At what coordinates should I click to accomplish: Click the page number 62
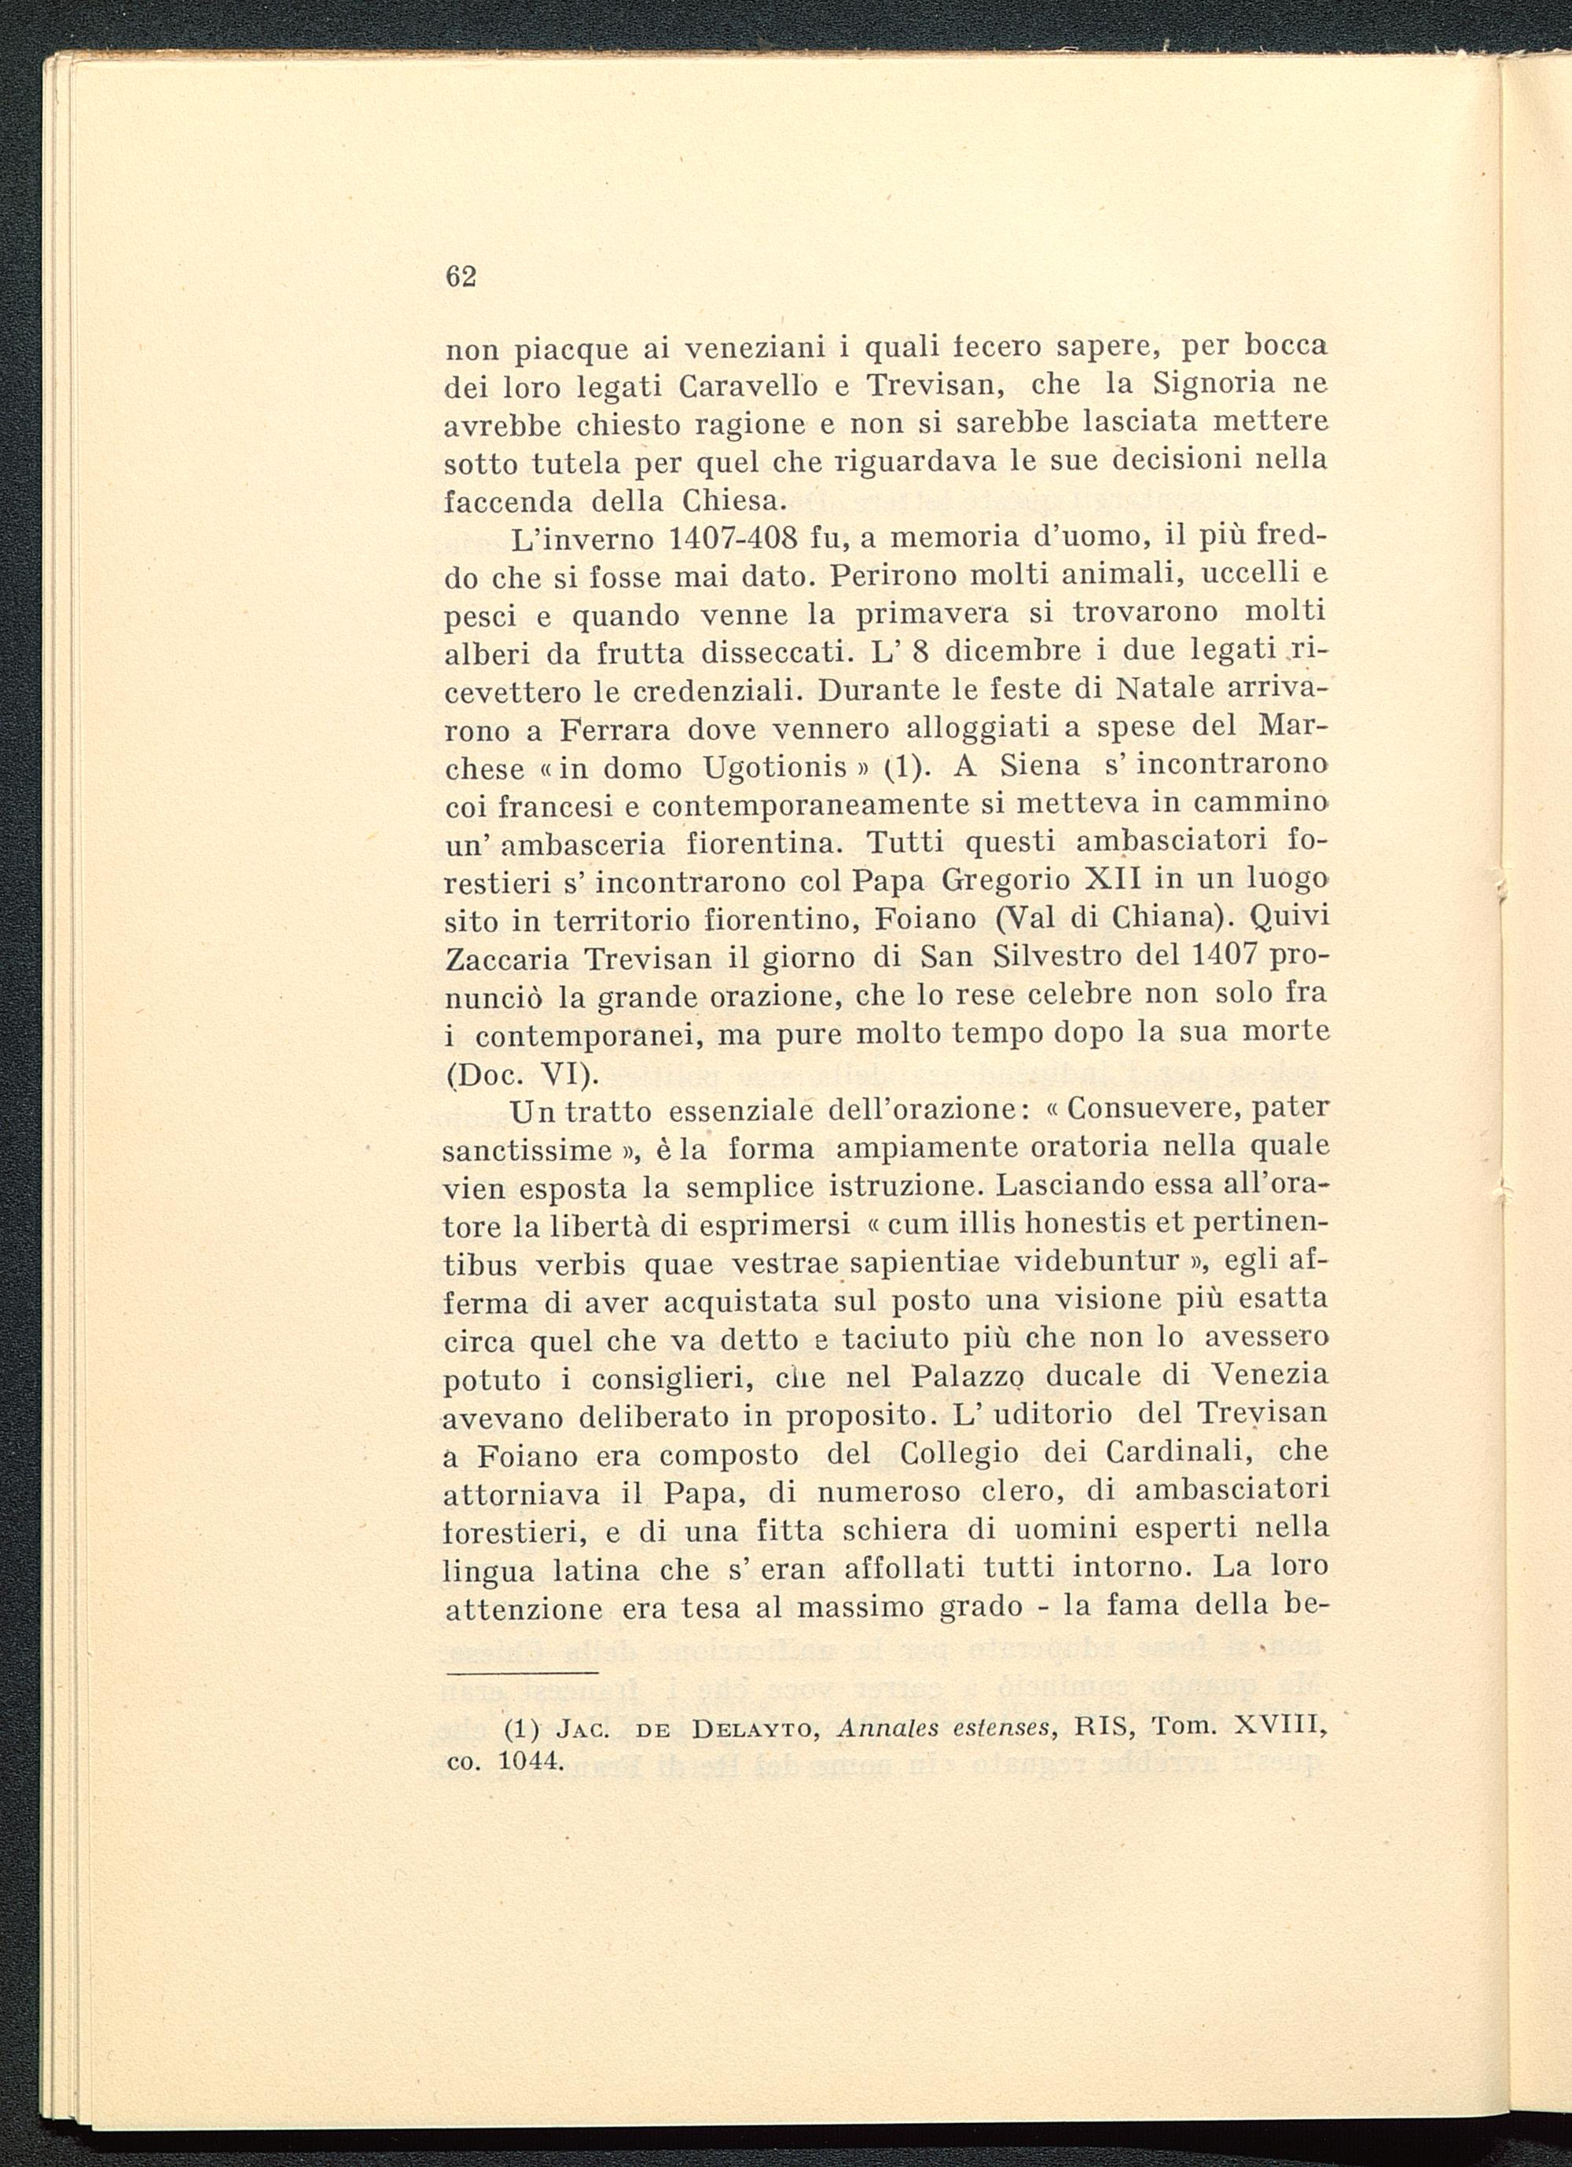(x=461, y=277)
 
